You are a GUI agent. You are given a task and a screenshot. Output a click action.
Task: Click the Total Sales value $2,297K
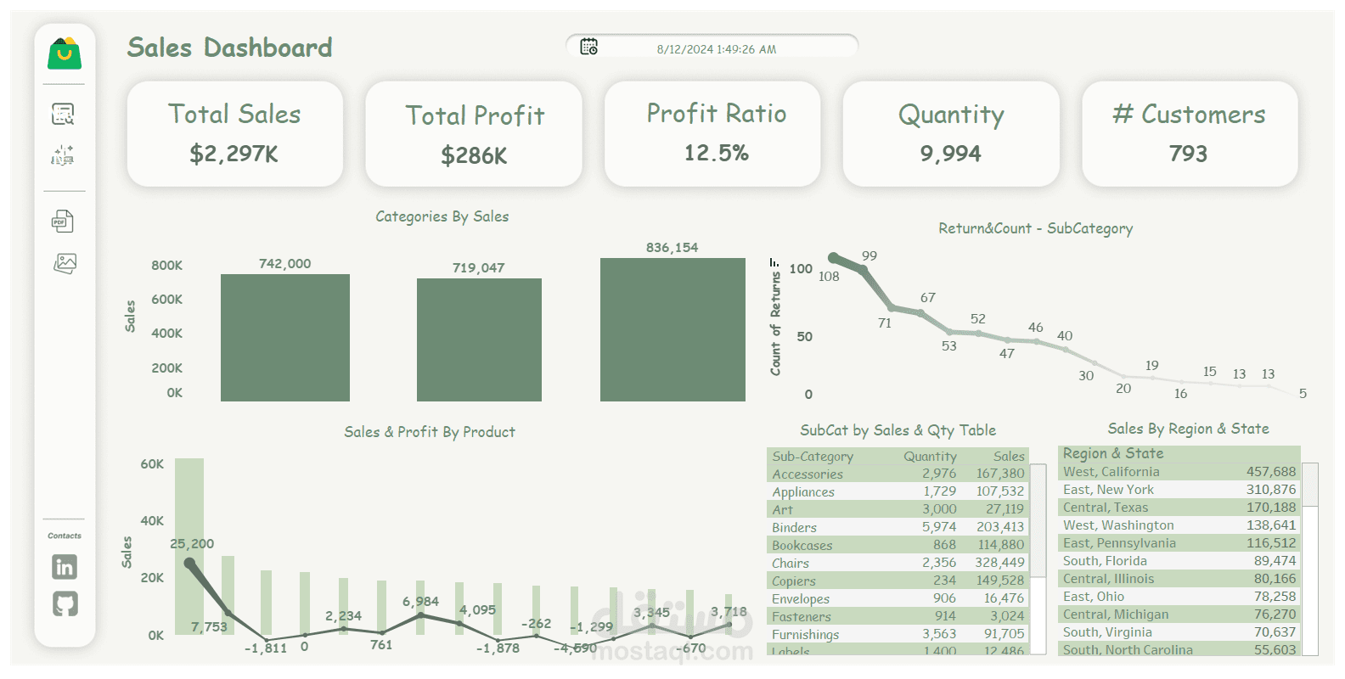click(234, 154)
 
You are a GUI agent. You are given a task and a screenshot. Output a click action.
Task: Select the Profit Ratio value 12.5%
click(717, 153)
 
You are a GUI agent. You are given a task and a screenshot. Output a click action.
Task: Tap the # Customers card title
click(1189, 114)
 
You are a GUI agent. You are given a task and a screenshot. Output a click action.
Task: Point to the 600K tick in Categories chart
click(166, 300)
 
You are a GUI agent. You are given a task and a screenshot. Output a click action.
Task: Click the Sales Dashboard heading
click(229, 48)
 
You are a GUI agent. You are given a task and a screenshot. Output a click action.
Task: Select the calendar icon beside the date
click(588, 47)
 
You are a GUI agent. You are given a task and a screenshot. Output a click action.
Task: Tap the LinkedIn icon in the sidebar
click(65, 566)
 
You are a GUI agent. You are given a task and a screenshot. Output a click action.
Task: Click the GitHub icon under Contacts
click(65, 603)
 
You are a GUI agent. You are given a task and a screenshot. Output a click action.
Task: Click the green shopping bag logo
click(65, 53)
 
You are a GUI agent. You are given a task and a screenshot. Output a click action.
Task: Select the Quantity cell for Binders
click(939, 527)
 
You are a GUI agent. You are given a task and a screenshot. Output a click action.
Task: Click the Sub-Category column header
click(813, 457)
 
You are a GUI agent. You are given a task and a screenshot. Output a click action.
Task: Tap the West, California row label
click(1111, 472)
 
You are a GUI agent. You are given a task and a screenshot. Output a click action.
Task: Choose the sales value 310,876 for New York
click(1271, 490)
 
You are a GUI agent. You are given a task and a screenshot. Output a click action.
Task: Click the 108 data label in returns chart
click(829, 277)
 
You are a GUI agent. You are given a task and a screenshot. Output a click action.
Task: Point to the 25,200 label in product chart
click(192, 544)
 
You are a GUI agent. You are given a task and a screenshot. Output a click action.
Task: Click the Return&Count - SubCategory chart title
click(1035, 228)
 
